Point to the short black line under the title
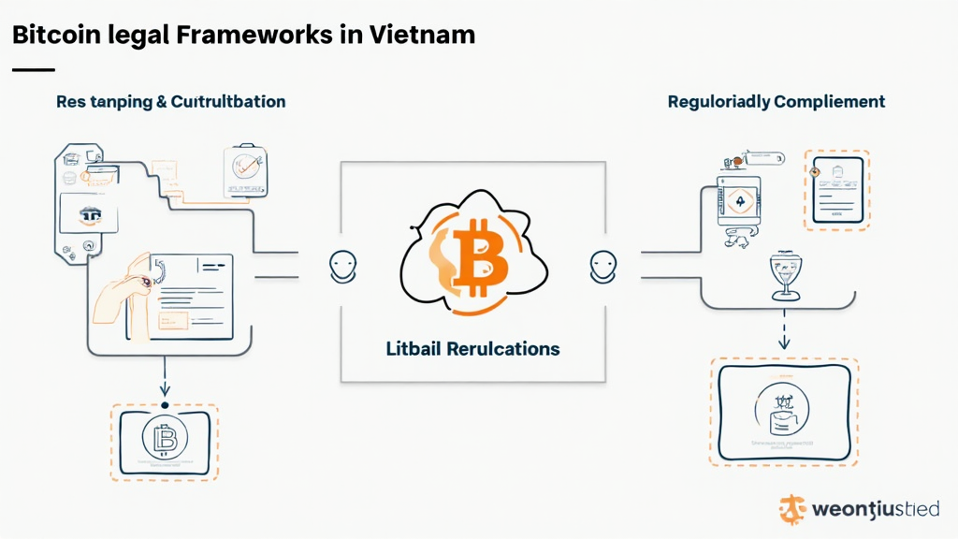click(x=33, y=69)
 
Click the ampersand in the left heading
click(x=163, y=101)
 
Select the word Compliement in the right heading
click(x=831, y=101)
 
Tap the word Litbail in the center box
click(x=415, y=349)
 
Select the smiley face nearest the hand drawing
click(x=342, y=267)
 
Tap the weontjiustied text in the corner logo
click(x=876, y=509)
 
